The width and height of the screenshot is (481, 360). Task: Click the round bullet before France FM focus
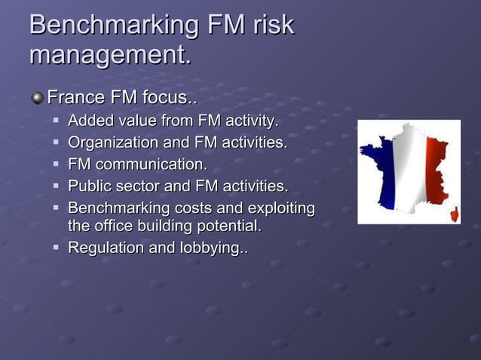point(37,98)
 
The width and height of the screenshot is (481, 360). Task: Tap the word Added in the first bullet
point(89,121)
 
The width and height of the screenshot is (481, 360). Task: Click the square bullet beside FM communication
point(57,164)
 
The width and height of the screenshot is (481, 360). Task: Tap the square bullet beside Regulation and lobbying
point(57,248)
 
